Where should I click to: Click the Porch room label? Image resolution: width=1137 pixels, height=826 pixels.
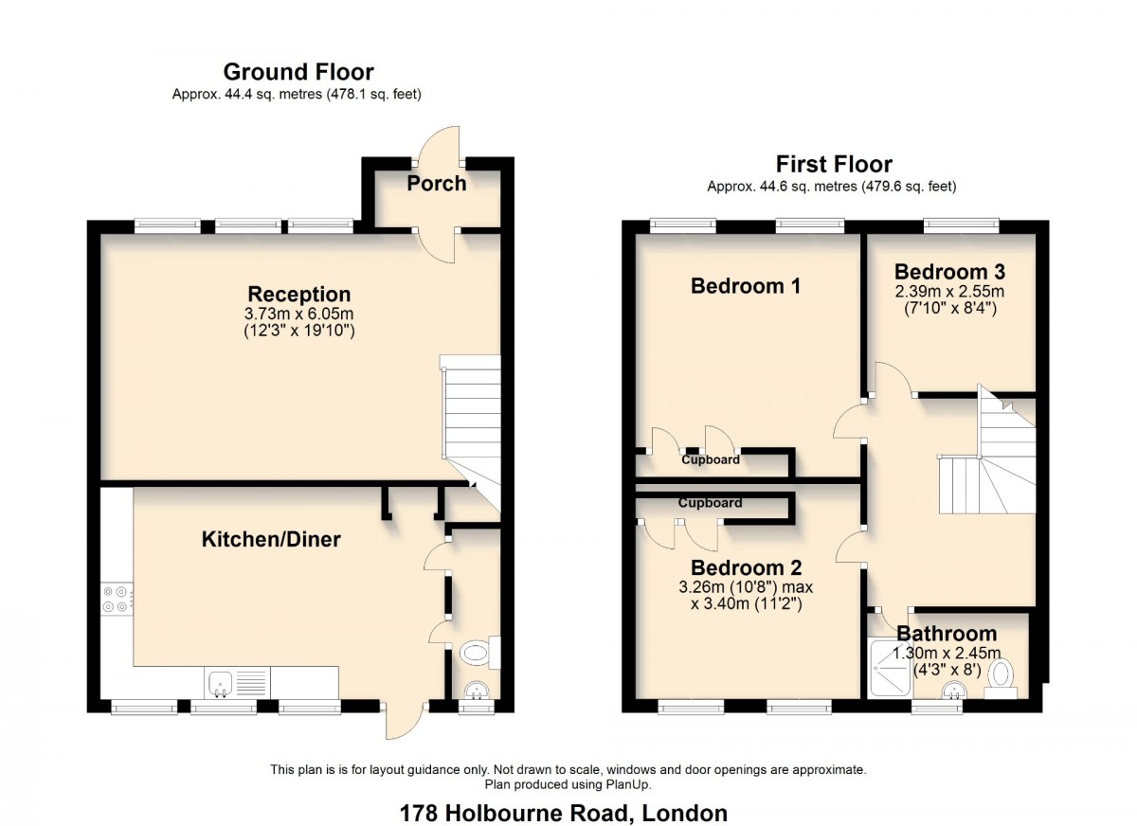pyautogui.click(x=437, y=184)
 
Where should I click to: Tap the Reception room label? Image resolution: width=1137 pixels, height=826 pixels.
pyautogui.click(x=299, y=294)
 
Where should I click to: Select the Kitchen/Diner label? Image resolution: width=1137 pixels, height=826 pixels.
pyautogui.click(x=271, y=540)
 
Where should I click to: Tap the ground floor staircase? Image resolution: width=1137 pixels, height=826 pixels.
pyautogui.click(x=471, y=417)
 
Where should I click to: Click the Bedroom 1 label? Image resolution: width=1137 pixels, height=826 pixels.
pyautogui.click(x=746, y=286)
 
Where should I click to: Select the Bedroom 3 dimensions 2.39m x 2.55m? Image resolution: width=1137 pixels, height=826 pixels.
pyautogui.click(x=949, y=291)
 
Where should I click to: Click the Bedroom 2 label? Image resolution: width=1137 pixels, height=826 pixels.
pyautogui.click(x=746, y=568)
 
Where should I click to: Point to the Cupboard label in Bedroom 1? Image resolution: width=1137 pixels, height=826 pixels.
pyautogui.click(x=711, y=460)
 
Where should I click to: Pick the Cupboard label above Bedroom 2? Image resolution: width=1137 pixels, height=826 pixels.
pyautogui.click(x=710, y=503)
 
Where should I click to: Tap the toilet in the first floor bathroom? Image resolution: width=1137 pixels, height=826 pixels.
pyautogui.click(x=1002, y=677)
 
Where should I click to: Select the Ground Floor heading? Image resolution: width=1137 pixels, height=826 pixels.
pyautogui.click(x=298, y=72)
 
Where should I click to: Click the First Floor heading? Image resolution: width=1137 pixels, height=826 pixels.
pyautogui.click(x=834, y=164)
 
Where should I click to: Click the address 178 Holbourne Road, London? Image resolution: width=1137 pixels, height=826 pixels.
pyautogui.click(x=564, y=813)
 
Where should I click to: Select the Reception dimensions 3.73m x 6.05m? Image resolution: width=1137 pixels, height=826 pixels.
pyautogui.click(x=299, y=314)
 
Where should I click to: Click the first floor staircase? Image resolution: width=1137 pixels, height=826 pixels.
pyautogui.click(x=985, y=464)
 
